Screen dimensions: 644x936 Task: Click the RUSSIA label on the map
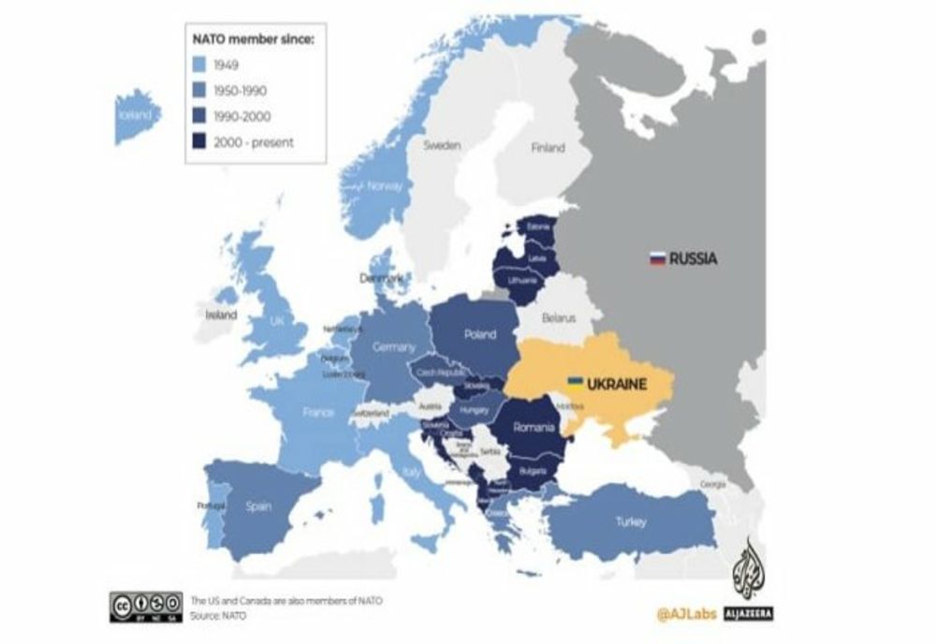click(x=694, y=258)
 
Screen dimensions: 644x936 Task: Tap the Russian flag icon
click(x=657, y=258)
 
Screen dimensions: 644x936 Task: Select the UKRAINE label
click(x=619, y=384)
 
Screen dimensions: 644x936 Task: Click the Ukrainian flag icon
click(x=577, y=383)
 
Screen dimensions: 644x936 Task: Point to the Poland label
click(x=479, y=334)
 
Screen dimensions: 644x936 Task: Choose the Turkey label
click(x=630, y=521)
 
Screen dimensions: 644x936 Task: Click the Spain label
click(x=258, y=506)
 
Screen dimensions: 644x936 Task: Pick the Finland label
click(x=548, y=147)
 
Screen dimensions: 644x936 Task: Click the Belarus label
click(x=559, y=318)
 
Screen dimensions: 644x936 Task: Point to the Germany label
click(x=393, y=347)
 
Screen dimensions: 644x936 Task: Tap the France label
click(x=318, y=412)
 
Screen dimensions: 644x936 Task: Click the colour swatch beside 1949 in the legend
click(x=199, y=66)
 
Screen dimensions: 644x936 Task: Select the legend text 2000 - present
click(x=254, y=142)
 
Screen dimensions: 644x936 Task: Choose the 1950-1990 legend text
click(x=242, y=91)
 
